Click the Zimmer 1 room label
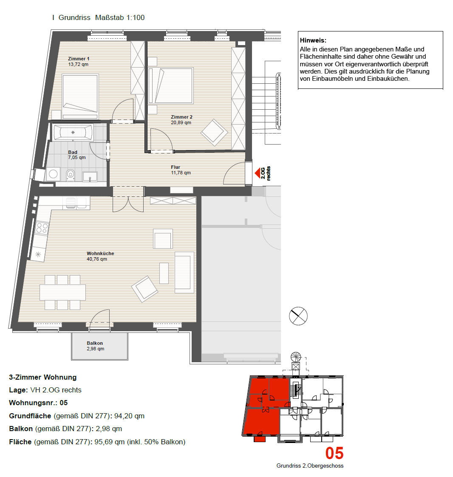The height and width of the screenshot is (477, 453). pos(79,59)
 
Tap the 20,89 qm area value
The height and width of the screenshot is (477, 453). pos(181,122)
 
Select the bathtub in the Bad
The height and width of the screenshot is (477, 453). pos(73,132)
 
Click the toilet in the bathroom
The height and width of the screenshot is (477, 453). pos(71,175)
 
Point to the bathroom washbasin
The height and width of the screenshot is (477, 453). pos(90,176)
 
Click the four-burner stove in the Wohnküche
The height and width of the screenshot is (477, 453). pos(42,228)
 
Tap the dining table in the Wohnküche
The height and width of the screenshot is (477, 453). pos(62,292)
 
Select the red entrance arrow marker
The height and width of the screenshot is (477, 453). pos(258,173)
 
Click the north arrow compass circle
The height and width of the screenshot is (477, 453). pos(298,316)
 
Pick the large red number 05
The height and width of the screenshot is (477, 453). pos(334,453)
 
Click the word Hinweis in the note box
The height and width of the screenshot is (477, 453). pos(313,40)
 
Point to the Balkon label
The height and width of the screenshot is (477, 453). pos(95,343)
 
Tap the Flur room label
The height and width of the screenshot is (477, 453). pos(176,167)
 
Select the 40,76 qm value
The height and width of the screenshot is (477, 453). pos(97,259)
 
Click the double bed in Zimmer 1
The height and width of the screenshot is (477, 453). pos(80,96)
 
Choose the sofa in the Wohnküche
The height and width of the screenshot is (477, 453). pos(184,273)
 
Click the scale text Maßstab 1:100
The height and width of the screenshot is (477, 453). pos(120,18)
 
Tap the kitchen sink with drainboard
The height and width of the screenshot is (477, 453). pos(76,203)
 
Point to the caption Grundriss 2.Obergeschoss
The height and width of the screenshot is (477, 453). pos(310,466)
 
